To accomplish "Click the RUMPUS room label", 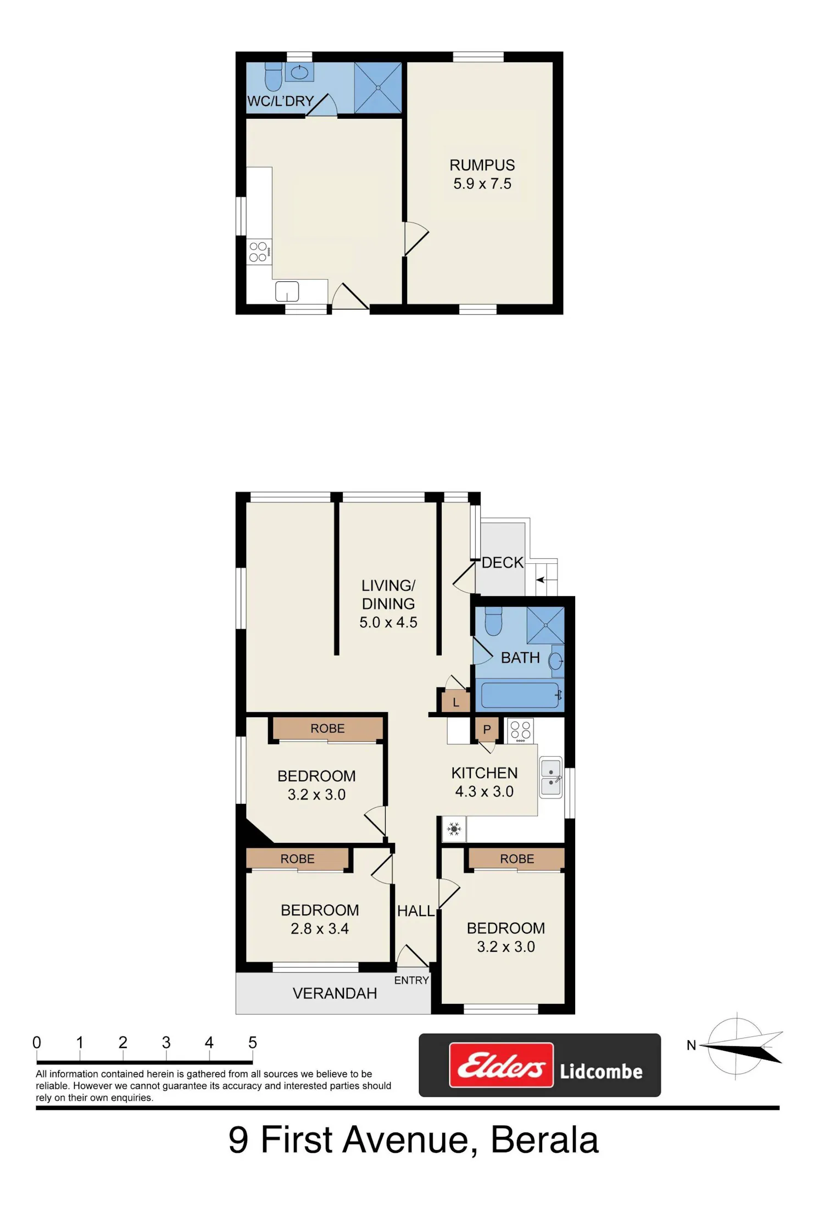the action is (482, 165).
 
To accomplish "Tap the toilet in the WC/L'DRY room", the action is (274, 76).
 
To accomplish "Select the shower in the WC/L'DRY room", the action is (378, 88).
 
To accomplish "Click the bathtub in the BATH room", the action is (520, 695).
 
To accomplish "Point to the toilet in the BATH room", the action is (493, 621).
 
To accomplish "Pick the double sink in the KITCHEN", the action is (551, 777).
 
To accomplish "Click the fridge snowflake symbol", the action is (454, 829).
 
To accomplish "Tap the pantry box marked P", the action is (487, 730).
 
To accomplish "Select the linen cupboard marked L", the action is (456, 702).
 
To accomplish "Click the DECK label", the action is (503, 563).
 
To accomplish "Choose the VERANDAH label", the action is (335, 993).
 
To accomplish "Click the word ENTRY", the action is (411, 980).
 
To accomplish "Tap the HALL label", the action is (416, 911).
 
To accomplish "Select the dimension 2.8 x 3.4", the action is (320, 929).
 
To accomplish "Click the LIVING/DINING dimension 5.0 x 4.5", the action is (388, 623).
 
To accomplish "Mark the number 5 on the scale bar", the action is (253, 1042).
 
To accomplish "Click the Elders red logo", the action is (501, 1065).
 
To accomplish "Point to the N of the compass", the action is (692, 1045).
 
